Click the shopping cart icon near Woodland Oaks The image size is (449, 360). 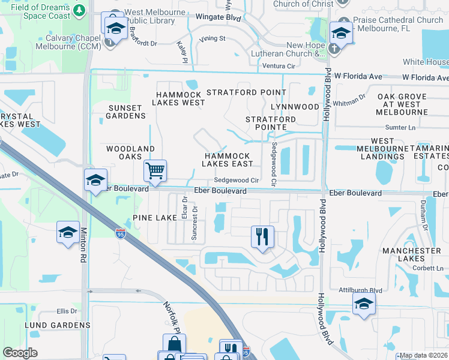[x=155, y=171]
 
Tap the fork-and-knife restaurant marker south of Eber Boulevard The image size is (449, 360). [x=262, y=236]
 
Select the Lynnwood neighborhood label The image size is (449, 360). [x=295, y=106]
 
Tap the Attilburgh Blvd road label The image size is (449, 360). [x=360, y=290]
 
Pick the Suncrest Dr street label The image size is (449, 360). [x=194, y=223]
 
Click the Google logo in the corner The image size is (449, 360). [x=20, y=353]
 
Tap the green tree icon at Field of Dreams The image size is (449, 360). [x=79, y=10]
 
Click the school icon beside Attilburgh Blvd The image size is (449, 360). [x=364, y=304]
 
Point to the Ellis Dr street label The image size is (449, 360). [x=67, y=311]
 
